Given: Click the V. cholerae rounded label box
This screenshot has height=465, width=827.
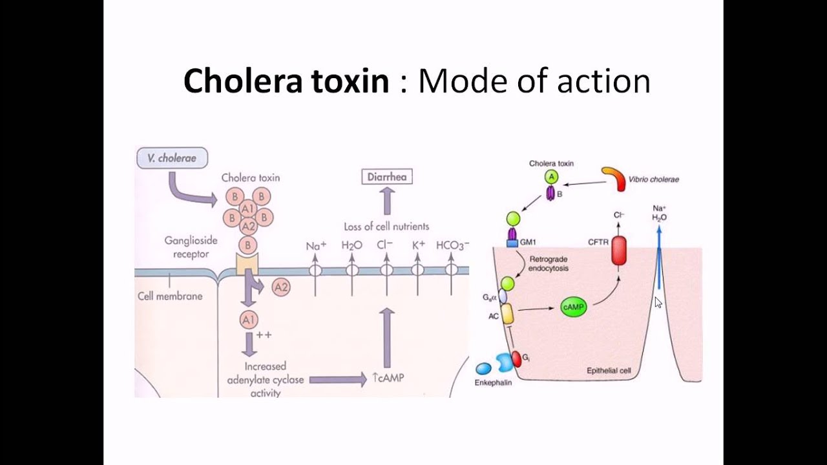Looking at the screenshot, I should [x=172, y=158].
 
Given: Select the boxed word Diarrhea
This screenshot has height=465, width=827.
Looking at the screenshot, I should [x=386, y=176].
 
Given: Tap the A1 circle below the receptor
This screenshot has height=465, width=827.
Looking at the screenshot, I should [x=249, y=320].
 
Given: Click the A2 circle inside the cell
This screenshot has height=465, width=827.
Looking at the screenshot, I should [x=280, y=287].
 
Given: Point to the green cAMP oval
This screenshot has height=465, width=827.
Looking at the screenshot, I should [x=573, y=308].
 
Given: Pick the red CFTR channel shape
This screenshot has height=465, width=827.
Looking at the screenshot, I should [x=619, y=251].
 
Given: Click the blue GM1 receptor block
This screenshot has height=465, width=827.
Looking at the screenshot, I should [x=512, y=243].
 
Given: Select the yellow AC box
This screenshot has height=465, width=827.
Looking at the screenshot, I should [x=507, y=314].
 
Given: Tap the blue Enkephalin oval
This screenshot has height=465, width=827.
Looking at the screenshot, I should [x=483, y=369].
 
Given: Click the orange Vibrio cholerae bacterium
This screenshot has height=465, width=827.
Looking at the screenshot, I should [x=614, y=178].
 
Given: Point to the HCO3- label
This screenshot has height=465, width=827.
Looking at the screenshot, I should [x=452, y=245].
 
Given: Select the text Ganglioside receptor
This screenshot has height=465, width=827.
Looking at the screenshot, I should [x=191, y=247].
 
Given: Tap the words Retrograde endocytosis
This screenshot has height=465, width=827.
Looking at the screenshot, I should [x=549, y=263].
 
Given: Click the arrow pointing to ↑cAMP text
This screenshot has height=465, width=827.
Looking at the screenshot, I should [x=337, y=380].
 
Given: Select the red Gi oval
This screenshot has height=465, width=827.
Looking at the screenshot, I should [x=516, y=358].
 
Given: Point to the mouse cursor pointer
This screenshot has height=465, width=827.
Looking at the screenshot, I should [x=658, y=302].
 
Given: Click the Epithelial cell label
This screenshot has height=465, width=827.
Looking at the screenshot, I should [x=608, y=371].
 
